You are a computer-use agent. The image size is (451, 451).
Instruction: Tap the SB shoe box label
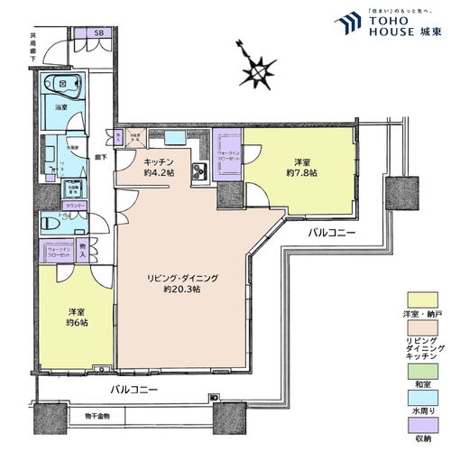click(99, 34)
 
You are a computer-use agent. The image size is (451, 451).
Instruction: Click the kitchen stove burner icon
click(200, 174)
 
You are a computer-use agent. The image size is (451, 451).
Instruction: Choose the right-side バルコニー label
click(331, 233)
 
